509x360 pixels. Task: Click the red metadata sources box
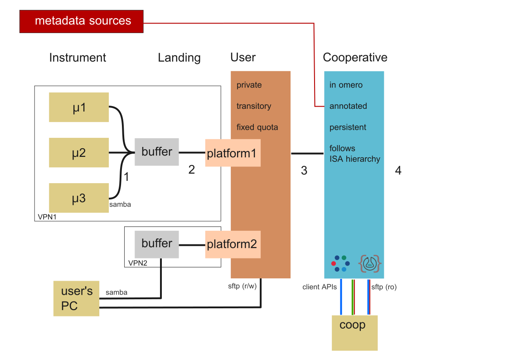tap(81, 21)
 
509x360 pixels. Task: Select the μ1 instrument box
tap(79, 107)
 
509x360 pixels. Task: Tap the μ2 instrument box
tap(79, 153)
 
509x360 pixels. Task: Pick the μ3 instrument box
tap(79, 198)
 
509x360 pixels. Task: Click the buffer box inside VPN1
tap(157, 152)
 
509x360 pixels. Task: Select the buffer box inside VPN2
tap(157, 243)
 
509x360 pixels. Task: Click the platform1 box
tap(233, 153)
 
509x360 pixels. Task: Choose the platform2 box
tap(233, 244)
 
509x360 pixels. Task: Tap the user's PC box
tap(76, 298)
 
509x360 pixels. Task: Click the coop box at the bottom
tap(354, 333)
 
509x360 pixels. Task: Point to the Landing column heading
tap(179, 58)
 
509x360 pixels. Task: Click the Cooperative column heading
tap(355, 58)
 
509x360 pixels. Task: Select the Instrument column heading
tap(78, 58)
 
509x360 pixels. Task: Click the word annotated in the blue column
tap(348, 106)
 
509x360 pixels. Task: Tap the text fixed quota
tap(257, 127)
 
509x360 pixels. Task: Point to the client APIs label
tap(319, 287)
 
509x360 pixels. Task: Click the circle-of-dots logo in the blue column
tap(340, 263)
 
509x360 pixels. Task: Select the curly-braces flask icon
tap(370, 263)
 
